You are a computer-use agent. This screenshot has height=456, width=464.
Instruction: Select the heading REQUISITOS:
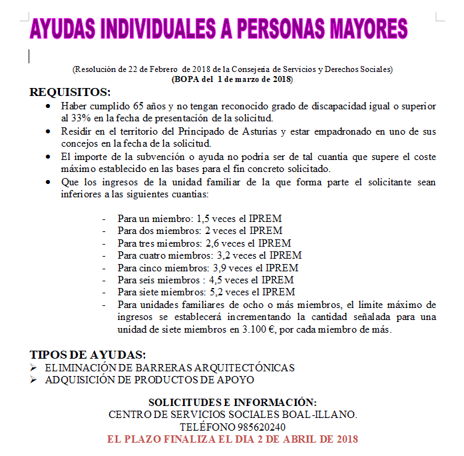point(70,92)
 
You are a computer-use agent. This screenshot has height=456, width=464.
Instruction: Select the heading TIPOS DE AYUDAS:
point(87,354)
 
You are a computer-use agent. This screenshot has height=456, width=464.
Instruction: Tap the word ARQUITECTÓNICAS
point(250,368)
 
